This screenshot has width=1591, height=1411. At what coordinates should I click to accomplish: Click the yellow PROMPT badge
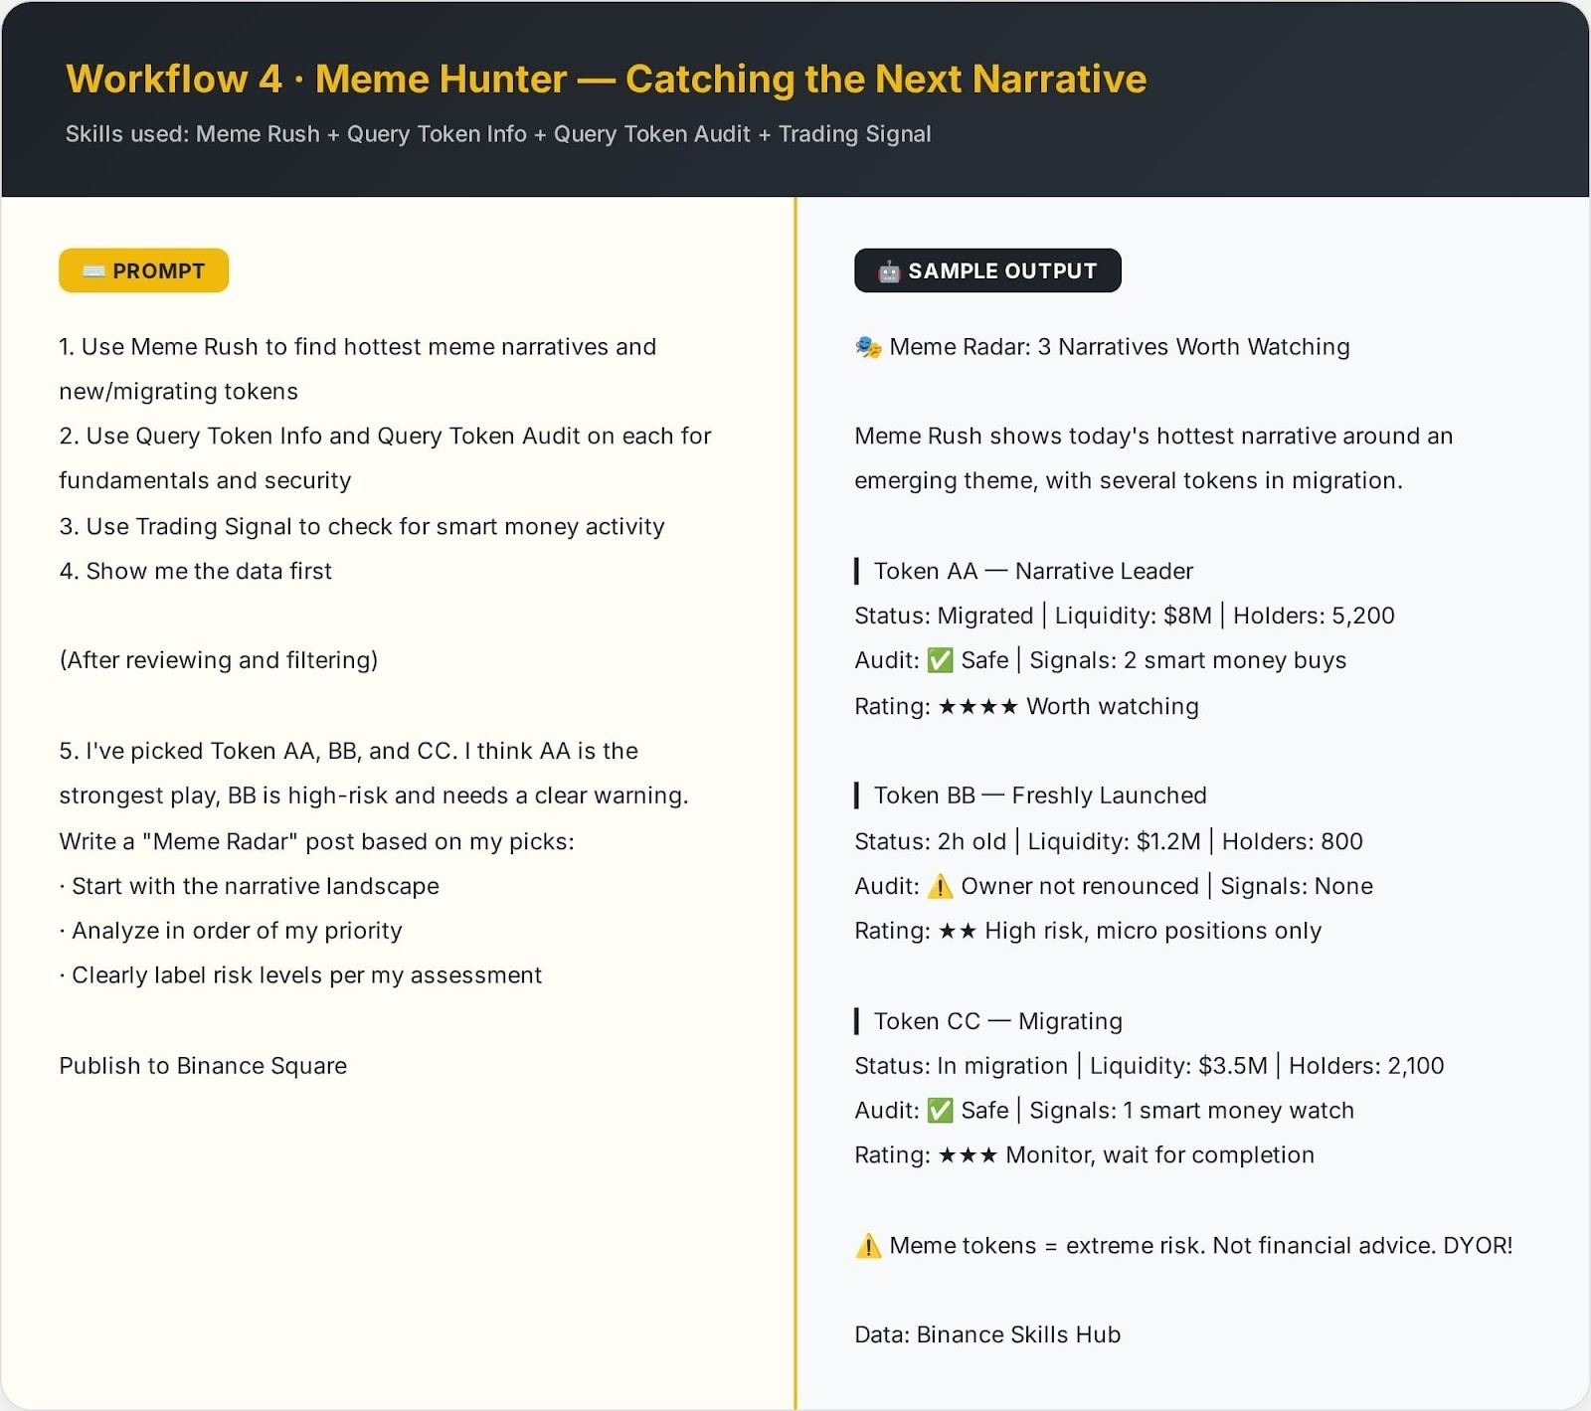[144, 270]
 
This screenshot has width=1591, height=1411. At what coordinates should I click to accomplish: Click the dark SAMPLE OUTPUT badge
[987, 270]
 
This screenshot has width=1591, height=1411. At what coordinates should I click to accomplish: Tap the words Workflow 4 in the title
[174, 80]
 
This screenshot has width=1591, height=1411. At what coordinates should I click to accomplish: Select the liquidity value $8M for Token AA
[1187, 616]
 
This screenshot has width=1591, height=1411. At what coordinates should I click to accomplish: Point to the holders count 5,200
[1362, 616]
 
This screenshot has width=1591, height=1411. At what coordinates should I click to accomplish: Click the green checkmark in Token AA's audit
[940, 660]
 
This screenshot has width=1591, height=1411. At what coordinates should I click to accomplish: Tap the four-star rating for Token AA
[977, 707]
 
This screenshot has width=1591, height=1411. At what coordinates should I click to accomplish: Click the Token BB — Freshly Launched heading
[1039, 795]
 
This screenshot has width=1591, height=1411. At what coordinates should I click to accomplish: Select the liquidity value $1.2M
[1168, 841]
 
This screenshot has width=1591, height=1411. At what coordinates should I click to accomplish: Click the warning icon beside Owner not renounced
[940, 886]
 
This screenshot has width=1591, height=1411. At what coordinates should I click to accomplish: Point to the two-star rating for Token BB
[957, 931]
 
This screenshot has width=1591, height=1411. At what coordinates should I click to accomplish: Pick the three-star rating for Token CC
[968, 1155]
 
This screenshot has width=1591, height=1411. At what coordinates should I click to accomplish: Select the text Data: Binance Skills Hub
[987, 1334]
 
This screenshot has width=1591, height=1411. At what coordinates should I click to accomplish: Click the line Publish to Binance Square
[203, 1066]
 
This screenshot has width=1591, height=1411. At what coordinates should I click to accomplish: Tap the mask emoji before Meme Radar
[868, 347]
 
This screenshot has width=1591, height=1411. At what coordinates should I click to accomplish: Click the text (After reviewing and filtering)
[219, 660]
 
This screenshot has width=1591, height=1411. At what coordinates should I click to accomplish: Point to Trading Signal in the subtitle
[854, 134]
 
